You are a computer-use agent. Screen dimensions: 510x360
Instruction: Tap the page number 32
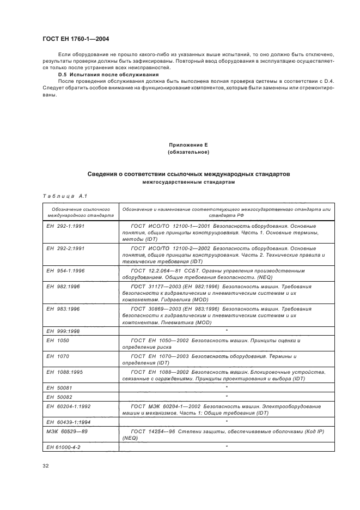(x=46, y=465)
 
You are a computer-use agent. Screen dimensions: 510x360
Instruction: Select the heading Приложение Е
(x=188, y=145)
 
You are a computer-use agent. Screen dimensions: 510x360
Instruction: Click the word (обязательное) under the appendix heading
(x=188, y=153)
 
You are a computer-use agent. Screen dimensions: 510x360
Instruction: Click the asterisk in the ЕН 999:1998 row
(x=226, y=331)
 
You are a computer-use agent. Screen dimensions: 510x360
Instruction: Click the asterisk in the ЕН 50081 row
(x=226, y=386)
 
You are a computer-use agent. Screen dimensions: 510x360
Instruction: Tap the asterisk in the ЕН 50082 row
(x=226, y=396)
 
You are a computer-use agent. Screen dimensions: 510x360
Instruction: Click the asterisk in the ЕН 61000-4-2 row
(x=226, y=447)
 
